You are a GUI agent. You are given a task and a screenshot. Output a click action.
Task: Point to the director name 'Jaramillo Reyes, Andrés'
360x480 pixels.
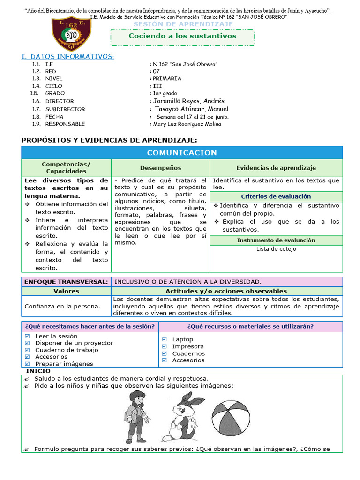pyautogui.click(x=188, y=101)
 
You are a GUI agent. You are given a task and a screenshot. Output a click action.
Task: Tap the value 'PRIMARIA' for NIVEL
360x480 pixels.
pyautogui.click(x=167, y=79)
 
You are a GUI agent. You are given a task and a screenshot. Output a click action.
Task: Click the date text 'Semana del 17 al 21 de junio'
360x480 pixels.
pyautogui.click(x=192, y=117)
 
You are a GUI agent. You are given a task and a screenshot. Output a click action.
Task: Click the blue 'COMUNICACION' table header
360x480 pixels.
pyautogui.click(x=182, y=153)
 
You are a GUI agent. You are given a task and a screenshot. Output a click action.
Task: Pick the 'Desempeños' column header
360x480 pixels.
pyautogui.click(x=160, y=168)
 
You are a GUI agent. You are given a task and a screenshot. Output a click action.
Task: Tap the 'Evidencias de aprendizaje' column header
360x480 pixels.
pyautogui.click(x=276, y=168)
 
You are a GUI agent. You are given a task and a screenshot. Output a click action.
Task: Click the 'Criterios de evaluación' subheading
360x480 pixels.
pyautogui.click(x=276, y=197)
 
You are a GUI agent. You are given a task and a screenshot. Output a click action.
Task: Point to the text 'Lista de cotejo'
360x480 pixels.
pyautogui.click(x=276, y=249)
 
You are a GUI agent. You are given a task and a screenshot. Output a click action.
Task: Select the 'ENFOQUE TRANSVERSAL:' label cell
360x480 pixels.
pyautogui.click(x=66, y=282)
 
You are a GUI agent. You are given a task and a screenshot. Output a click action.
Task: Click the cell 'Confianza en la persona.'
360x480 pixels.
pyautogui.click(x=62, y=306)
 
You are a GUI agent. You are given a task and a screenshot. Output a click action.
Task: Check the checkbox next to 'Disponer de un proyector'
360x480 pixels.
pyautogui.click(x=27, y=343)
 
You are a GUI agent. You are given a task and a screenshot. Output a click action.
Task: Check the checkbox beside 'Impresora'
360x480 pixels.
pyautogui.click(x=164, y=346)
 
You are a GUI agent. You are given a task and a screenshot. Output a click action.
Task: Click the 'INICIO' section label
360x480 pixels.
pyautogui.click(x=38, y=371)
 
